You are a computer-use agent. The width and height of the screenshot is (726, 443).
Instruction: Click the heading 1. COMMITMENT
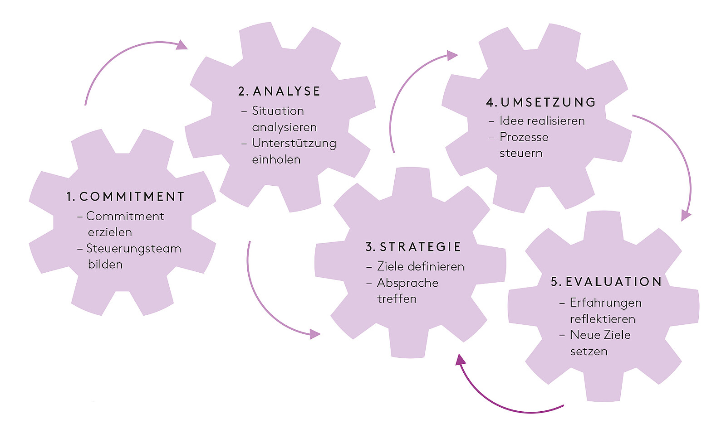125,197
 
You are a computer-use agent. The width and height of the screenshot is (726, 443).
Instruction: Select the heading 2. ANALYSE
279,91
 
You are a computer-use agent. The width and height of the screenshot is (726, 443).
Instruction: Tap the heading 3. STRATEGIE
413,247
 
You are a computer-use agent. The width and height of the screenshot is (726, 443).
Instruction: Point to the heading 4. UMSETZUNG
541,102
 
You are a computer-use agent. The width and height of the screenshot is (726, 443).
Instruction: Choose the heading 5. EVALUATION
606,282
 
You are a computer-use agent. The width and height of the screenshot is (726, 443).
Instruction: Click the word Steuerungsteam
133,249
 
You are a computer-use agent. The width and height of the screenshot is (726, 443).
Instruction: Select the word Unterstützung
294,144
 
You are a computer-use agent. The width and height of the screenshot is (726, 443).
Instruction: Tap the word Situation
278,111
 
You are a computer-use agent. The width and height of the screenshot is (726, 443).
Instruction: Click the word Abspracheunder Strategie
407,283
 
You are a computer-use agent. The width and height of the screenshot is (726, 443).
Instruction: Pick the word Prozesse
524,137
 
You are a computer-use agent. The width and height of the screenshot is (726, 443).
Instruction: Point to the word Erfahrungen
606,303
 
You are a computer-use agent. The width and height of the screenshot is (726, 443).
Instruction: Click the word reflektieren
603,319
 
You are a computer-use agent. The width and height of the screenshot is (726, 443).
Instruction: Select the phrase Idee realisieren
542,121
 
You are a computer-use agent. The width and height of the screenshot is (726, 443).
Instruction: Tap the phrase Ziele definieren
420,266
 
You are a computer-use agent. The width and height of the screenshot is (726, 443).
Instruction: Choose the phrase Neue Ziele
600,335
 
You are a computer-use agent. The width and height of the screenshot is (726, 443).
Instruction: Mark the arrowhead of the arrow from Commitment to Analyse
181,44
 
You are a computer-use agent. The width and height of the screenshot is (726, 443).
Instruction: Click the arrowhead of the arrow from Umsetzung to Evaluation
686,215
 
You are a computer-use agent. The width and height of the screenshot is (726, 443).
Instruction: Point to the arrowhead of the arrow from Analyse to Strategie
314,335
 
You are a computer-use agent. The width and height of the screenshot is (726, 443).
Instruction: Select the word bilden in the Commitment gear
105,265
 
